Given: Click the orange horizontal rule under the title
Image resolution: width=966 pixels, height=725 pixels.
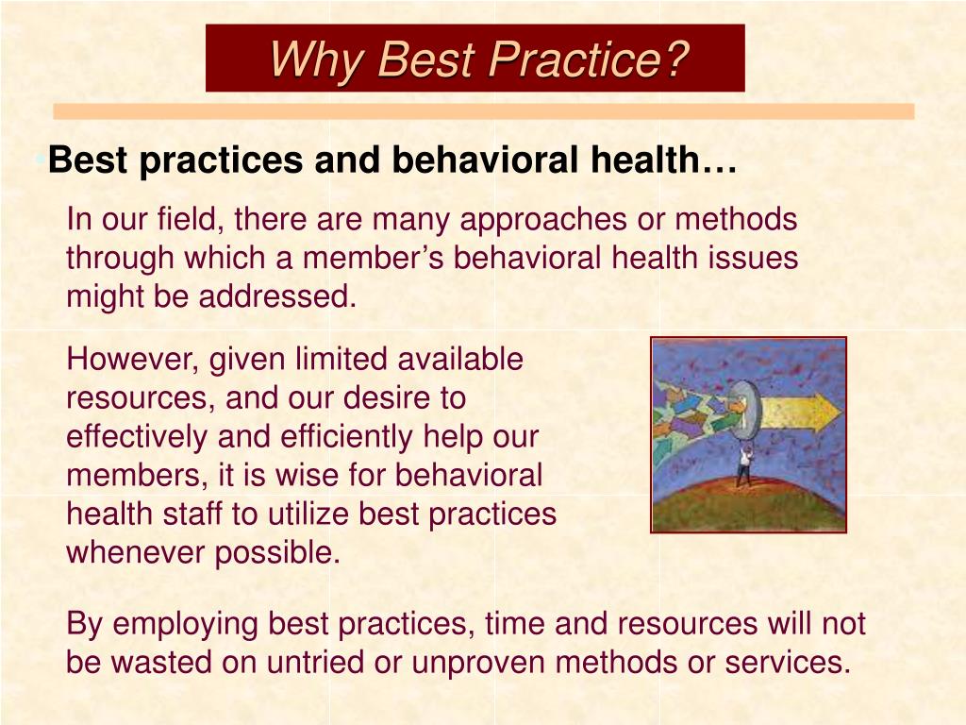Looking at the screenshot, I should pos(483,111).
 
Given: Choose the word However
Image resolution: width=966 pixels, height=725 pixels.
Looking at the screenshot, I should pos(133,360).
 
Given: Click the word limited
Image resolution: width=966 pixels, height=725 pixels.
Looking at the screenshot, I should pos(341,360).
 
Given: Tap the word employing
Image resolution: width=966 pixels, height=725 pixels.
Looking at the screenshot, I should pos(186,624).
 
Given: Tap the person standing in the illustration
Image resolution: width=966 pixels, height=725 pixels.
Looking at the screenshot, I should pos(745,463).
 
